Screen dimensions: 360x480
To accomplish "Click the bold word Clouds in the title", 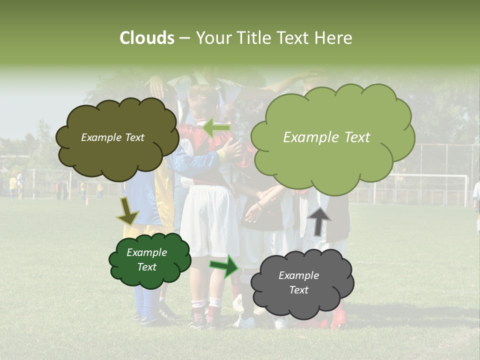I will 147,38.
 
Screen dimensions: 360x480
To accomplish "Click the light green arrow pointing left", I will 216,128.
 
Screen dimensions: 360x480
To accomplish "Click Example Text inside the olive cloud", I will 112,137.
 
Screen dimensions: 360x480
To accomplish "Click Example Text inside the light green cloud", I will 326,137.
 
